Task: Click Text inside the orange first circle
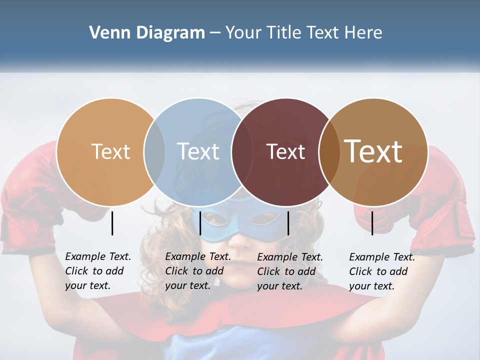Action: [110, 151]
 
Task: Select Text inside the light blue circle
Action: [198, 151]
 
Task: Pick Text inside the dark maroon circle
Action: [285, 151]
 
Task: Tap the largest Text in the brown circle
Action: [373, 151]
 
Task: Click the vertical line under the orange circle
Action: [112, 223]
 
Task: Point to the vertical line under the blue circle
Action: [200, 223]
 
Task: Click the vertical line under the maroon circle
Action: [288, 223]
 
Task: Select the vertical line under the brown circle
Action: [372, 223]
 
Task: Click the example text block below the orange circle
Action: [98, 271]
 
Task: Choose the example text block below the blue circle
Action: [198, 271]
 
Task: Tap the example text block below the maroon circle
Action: [290, 271]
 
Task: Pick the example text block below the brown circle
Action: [382, 271]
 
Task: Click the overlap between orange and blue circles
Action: [154, 151]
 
